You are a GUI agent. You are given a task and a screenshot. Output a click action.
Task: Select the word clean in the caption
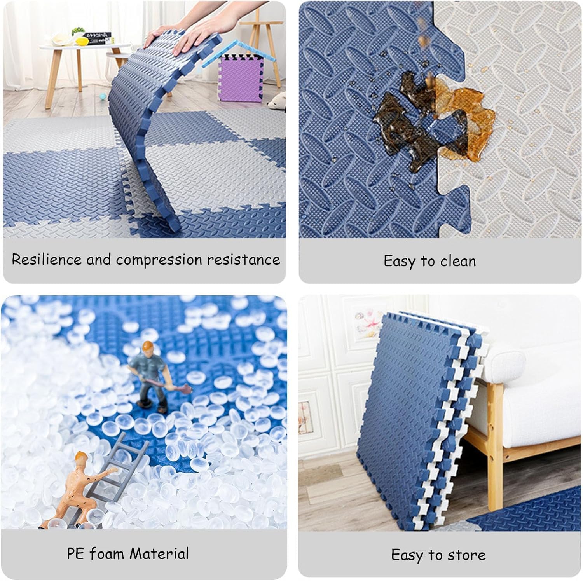458,261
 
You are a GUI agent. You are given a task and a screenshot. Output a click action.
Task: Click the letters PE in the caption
75,553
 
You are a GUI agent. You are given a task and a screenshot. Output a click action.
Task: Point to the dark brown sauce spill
404,117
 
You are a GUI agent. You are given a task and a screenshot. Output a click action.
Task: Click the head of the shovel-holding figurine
147,347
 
